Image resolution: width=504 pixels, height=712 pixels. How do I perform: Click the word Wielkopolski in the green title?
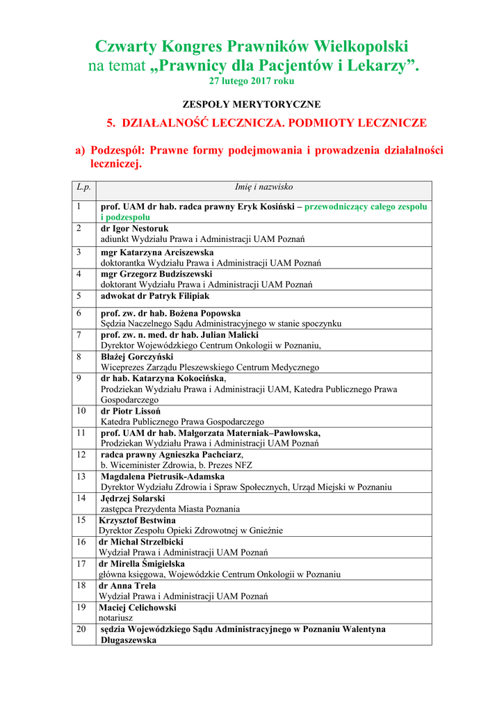361,47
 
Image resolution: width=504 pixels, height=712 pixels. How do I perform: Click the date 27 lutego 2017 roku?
252,81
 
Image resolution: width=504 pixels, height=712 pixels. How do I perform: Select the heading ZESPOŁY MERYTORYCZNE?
252,104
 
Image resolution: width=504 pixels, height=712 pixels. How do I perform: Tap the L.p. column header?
83,187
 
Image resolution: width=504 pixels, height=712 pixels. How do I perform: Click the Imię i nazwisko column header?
263,187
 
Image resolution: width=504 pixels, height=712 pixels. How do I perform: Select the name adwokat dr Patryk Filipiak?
155,296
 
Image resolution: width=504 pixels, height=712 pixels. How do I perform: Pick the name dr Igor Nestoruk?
135,229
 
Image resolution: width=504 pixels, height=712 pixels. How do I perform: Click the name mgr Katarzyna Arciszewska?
157,252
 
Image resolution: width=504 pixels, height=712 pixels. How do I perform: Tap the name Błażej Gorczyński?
137,357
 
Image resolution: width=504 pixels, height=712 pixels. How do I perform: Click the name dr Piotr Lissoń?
131,411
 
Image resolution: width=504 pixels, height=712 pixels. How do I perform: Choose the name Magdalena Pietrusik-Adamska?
163,477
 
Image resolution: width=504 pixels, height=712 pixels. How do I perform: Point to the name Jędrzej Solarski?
133,499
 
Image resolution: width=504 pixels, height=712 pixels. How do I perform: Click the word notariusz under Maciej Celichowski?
115,617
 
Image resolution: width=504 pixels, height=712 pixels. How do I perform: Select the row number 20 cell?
81,629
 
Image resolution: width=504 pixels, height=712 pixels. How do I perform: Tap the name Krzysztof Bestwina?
137,520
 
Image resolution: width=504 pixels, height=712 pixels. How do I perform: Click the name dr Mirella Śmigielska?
142,564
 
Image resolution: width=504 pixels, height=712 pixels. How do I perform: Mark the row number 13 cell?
81,477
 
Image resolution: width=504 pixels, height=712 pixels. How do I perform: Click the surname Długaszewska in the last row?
129,640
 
